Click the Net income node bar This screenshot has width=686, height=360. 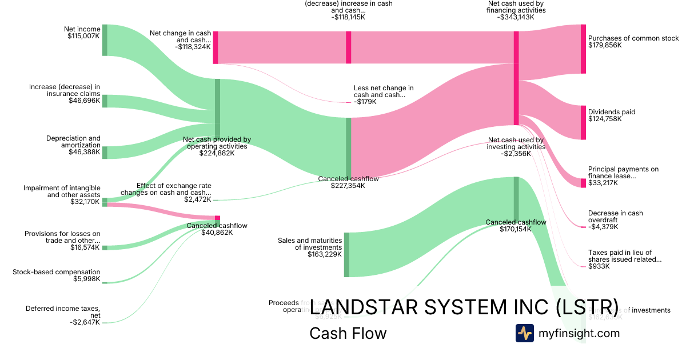tap(105, 40)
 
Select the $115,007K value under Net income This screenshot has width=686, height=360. tap(83, 35)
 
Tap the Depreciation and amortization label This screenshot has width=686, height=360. tap(73, 141)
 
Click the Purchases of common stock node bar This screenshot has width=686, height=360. tap(583, 49)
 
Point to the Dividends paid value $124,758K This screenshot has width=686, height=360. tap(604, 119)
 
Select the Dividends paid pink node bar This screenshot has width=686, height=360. tap(583, 123)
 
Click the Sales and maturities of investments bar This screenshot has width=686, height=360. tap(346, 255)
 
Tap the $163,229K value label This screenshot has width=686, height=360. tap(324, 255)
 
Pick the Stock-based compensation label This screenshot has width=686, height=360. tap(57, 272)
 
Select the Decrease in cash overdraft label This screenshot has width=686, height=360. tap(615, 217)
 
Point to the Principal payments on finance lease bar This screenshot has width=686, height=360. tap(583, 183)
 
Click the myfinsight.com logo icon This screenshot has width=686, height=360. tap(524, 333)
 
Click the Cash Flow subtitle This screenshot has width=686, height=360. tap(348, 333)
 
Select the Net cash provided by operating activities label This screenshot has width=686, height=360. tap(217, 142)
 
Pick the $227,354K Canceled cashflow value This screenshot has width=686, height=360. tap(348, 186)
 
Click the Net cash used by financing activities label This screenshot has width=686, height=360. tap(516, 6)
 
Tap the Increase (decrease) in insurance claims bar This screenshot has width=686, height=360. tap(105, 101)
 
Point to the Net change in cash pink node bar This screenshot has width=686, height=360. tap(216, 47)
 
